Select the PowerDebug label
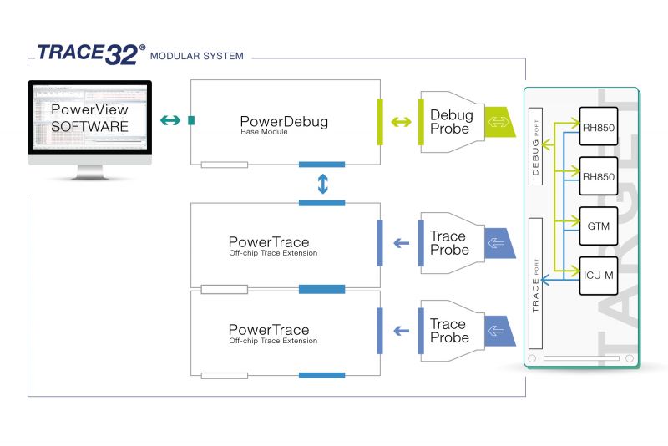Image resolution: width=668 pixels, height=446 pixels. coord(284,122)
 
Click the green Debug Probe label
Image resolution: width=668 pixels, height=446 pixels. coord(451,122)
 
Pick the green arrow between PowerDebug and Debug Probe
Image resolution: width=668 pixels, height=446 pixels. coord(401,123)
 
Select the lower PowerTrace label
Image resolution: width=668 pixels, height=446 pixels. coord(269,330)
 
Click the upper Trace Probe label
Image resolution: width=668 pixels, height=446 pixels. coord(449,243)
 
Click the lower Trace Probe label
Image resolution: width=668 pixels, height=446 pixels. coord(449,331)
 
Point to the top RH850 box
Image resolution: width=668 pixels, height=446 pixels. coord(598,124)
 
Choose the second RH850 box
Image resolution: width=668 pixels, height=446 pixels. coord(598,176)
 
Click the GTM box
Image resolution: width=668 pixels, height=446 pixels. coord(598,226)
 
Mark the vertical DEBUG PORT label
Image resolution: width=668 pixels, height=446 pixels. coord(537,147)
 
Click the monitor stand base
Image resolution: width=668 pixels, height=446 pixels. coord(89,175)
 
